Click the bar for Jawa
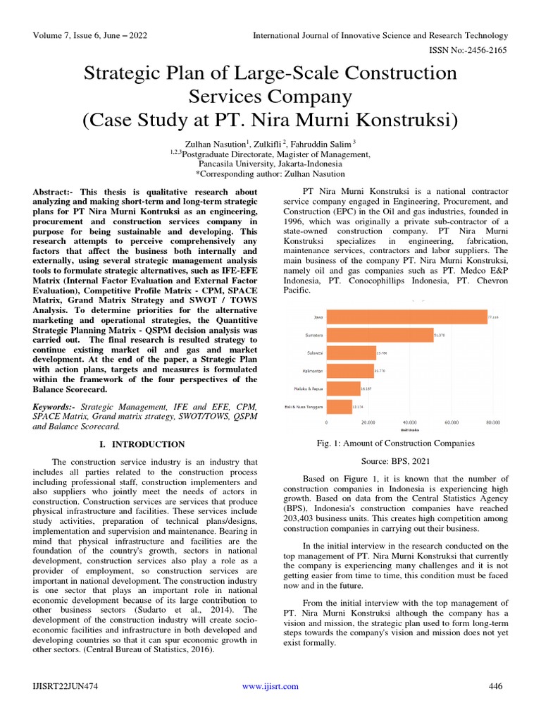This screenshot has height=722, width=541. click(407, 317)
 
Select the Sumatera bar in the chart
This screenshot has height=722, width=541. click(380, 335)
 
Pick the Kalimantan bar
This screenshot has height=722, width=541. click(351, 370)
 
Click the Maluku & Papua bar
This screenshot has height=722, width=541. click(344, 388)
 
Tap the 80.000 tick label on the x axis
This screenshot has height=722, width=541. click(492, 422)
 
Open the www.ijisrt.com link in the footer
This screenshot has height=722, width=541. click(270, 686)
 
